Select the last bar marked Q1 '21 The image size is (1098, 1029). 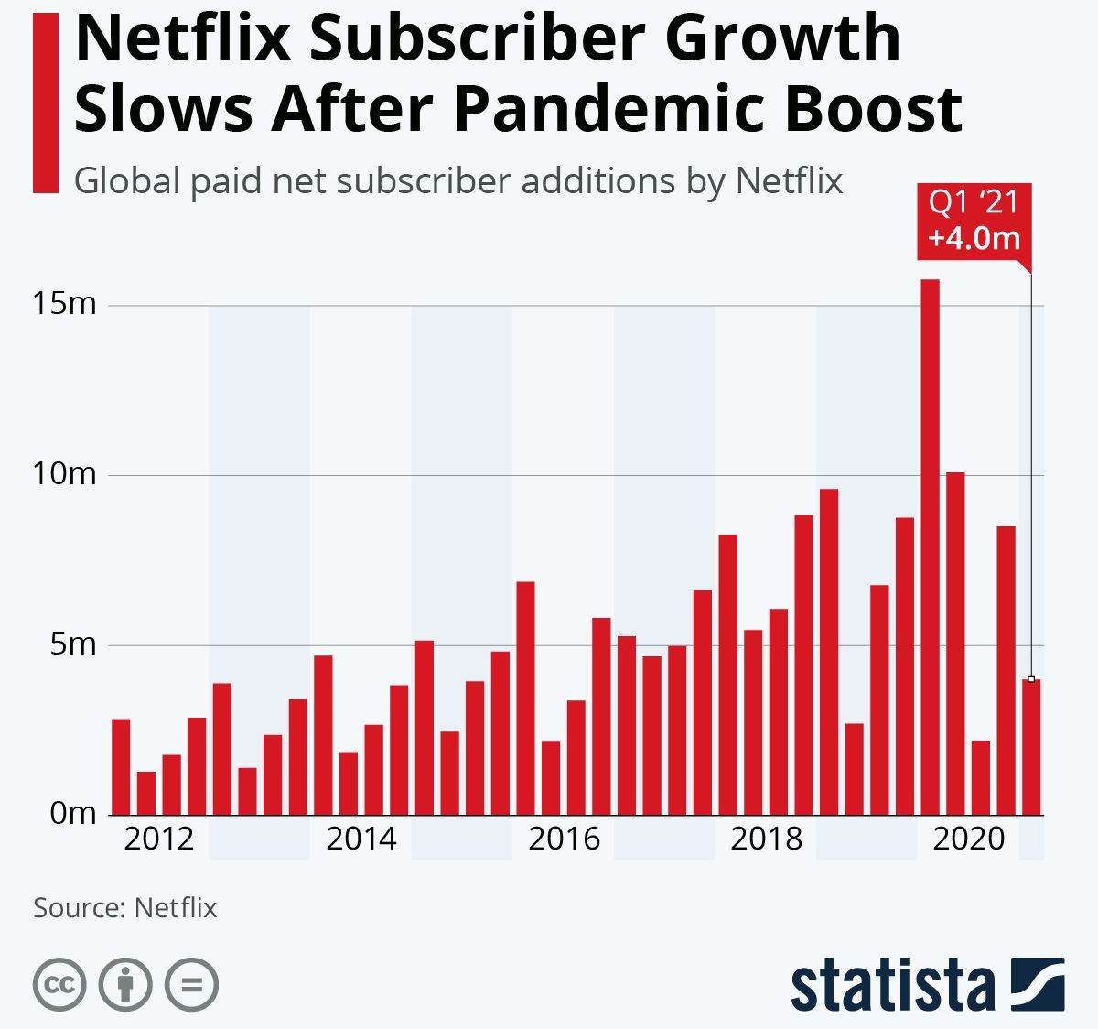tap(1031, 747)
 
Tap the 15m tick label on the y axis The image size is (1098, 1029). tap(64, 303)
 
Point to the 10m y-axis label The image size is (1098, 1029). tap(64, 473)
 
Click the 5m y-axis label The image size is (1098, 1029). tap(70, 644)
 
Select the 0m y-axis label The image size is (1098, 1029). tap(70, 813)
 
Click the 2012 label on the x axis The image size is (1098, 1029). tap(158, 839)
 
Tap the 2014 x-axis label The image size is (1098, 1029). tap(361, 839)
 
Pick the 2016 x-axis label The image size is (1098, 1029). tap(564, 839)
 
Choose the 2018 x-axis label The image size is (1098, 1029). tap(766, 839)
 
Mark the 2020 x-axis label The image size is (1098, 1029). tap(968, 839)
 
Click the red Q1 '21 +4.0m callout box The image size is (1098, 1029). tap(974, 221)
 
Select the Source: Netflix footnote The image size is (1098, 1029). tap(125, 907)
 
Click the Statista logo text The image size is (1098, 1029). tap(893, 986)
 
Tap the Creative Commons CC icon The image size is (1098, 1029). tap(59, 985)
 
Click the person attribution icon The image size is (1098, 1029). tap(125, 985)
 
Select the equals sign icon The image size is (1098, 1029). tap(191, 985)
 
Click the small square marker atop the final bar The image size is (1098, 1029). tap(1031, 678)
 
